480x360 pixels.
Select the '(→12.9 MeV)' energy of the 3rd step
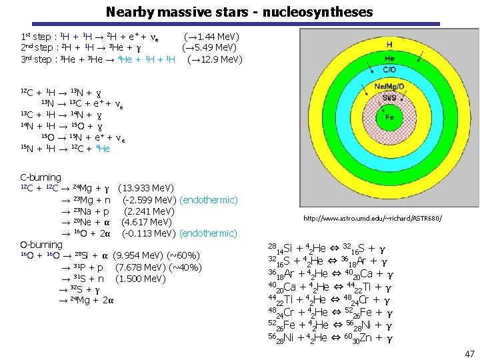(x=215, y=60)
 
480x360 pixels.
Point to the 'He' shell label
(x=389, y=58)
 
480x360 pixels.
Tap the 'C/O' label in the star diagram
(x=389, y=70)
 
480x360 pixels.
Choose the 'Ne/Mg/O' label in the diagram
(x=389, y=87)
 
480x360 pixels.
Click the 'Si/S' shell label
(x=389, y=97)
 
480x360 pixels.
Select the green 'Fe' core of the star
(x=389, y=117)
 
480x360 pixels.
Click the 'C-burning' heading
(x=41, y=177)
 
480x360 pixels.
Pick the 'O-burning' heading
(x=41, y=245)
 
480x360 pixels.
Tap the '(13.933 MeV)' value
(x=145, y=189)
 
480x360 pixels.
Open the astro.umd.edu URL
(x=372, y=219)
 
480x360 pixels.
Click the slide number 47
(x=469, y=353)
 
